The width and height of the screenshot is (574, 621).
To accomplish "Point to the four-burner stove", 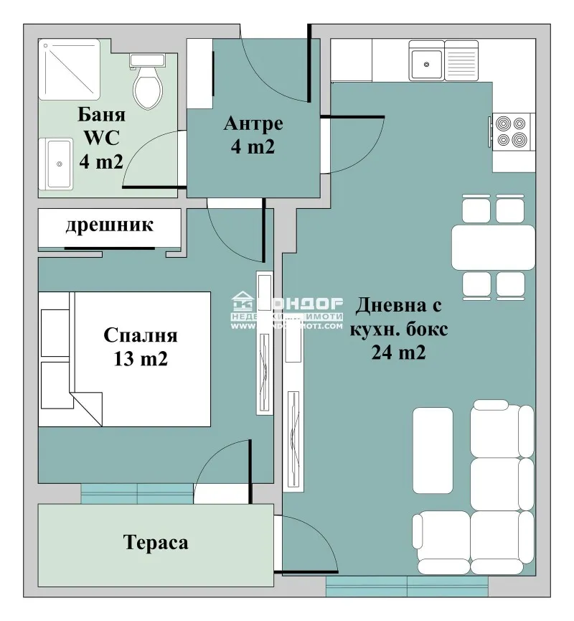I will [x=512, y=131].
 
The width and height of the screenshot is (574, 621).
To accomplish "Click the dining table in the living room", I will [x=493, y=247].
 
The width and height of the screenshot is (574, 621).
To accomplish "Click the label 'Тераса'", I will [x=156, y=542].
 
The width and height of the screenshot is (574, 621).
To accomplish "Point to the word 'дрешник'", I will [x=110, y=225].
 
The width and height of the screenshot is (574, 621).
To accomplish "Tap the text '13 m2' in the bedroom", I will [x=141, y=359].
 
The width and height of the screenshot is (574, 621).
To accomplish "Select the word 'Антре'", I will [x=253, y=123].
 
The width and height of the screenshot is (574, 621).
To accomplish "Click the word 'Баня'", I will [x=100, y=115].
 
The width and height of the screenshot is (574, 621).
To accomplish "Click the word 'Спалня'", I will [x=141, y=335].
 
